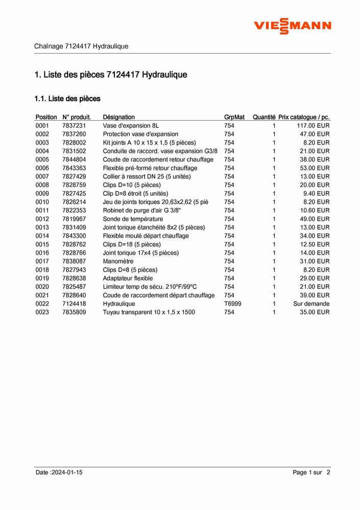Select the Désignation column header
click(x=118, y=117)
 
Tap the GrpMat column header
click(x=234, y=117)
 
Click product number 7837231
click(x=74, y=126)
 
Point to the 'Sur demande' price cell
click(x=311, y=304)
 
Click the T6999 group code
click(x=232, y=304)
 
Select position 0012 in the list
click(x=42, y=219)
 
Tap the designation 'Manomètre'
click(x=118, y=261)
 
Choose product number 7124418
click(x=74, y=304)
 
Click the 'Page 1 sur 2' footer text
click(x=311, y=473)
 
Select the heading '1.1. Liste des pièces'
click(x=67, y=98)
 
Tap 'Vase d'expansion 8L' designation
click(x=128, y=126)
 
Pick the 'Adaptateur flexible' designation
click(x=128, y=278)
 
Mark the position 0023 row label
click(x=42, y=312)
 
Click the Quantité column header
click(x=264, y=117)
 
